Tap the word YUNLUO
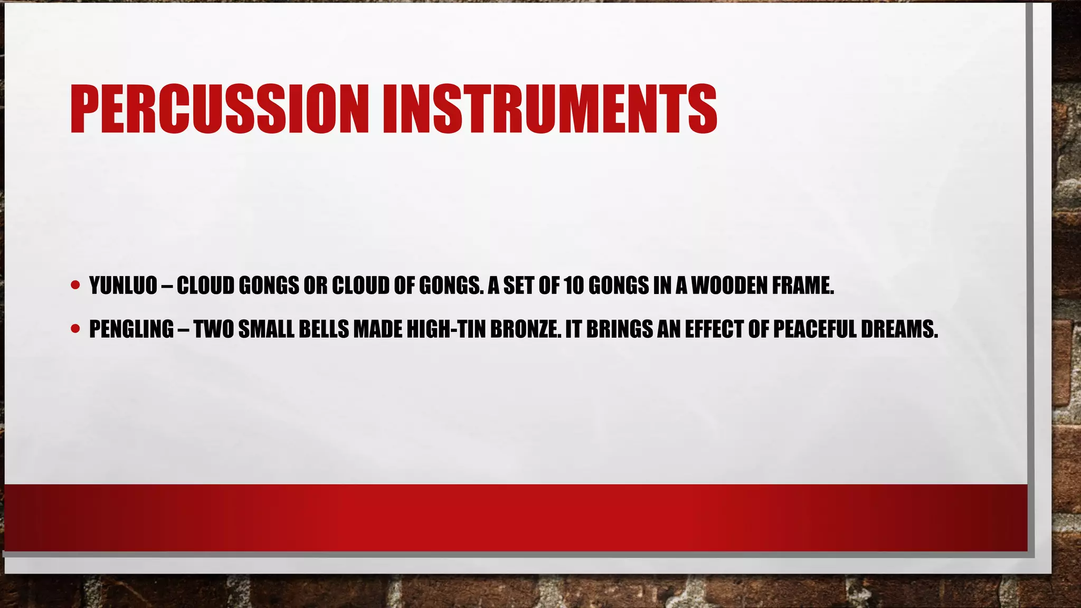[123, 286]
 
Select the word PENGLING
[131, 329]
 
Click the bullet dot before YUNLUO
[75, 286]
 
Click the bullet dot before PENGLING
[75, 329]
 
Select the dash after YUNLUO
[167, 287]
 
